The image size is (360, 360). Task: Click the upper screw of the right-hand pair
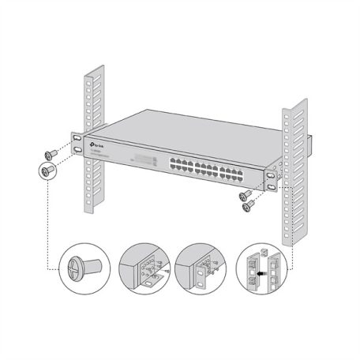(246, 194)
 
